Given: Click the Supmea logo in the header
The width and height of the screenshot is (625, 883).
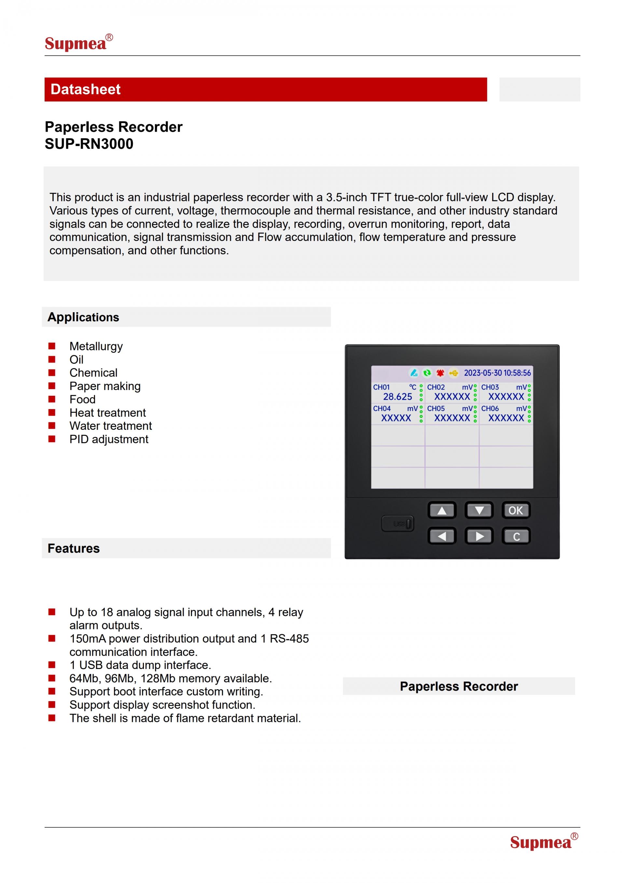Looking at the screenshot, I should click(x=78, y=43).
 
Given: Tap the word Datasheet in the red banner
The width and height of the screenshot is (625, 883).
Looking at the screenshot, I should click(x=85, y=89).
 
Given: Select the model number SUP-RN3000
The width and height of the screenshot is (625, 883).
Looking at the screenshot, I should click(x=89, y=144).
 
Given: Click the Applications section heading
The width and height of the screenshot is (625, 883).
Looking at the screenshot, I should click(x=83, y=317).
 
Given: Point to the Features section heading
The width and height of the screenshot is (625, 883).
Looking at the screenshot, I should click(x=74, y=548).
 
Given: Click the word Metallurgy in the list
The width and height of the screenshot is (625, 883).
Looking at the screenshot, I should click(x=96, y=346).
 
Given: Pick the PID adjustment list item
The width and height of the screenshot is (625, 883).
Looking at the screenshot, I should click(x=108, y=439).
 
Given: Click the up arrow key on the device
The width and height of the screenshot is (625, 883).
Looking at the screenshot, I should click(x=442, y=511).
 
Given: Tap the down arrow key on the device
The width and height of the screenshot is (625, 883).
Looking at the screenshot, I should click(x=479, y=511).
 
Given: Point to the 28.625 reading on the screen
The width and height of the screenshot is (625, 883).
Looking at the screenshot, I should click(x=397, y=396).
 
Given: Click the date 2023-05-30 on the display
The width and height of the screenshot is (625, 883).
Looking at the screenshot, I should click(x=482, y=373).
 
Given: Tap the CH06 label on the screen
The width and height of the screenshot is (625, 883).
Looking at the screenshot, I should click(x=490, y=408).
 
